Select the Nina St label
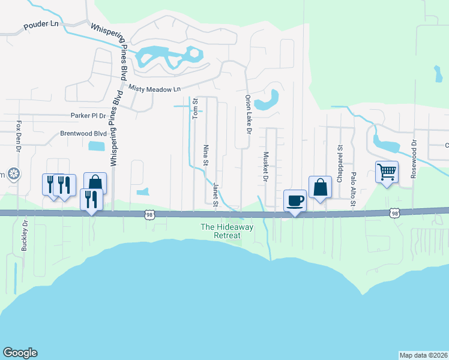click(x=206, y=154)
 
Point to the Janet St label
click(x=214, y=193)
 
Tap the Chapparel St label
click(x=339, y=155)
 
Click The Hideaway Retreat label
click(x=220, y=231)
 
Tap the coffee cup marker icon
click(x=295, y=200)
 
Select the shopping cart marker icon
click(x=387, y=172)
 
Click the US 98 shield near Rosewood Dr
click(x=394, y=213)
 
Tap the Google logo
click(x=20, y=353)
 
